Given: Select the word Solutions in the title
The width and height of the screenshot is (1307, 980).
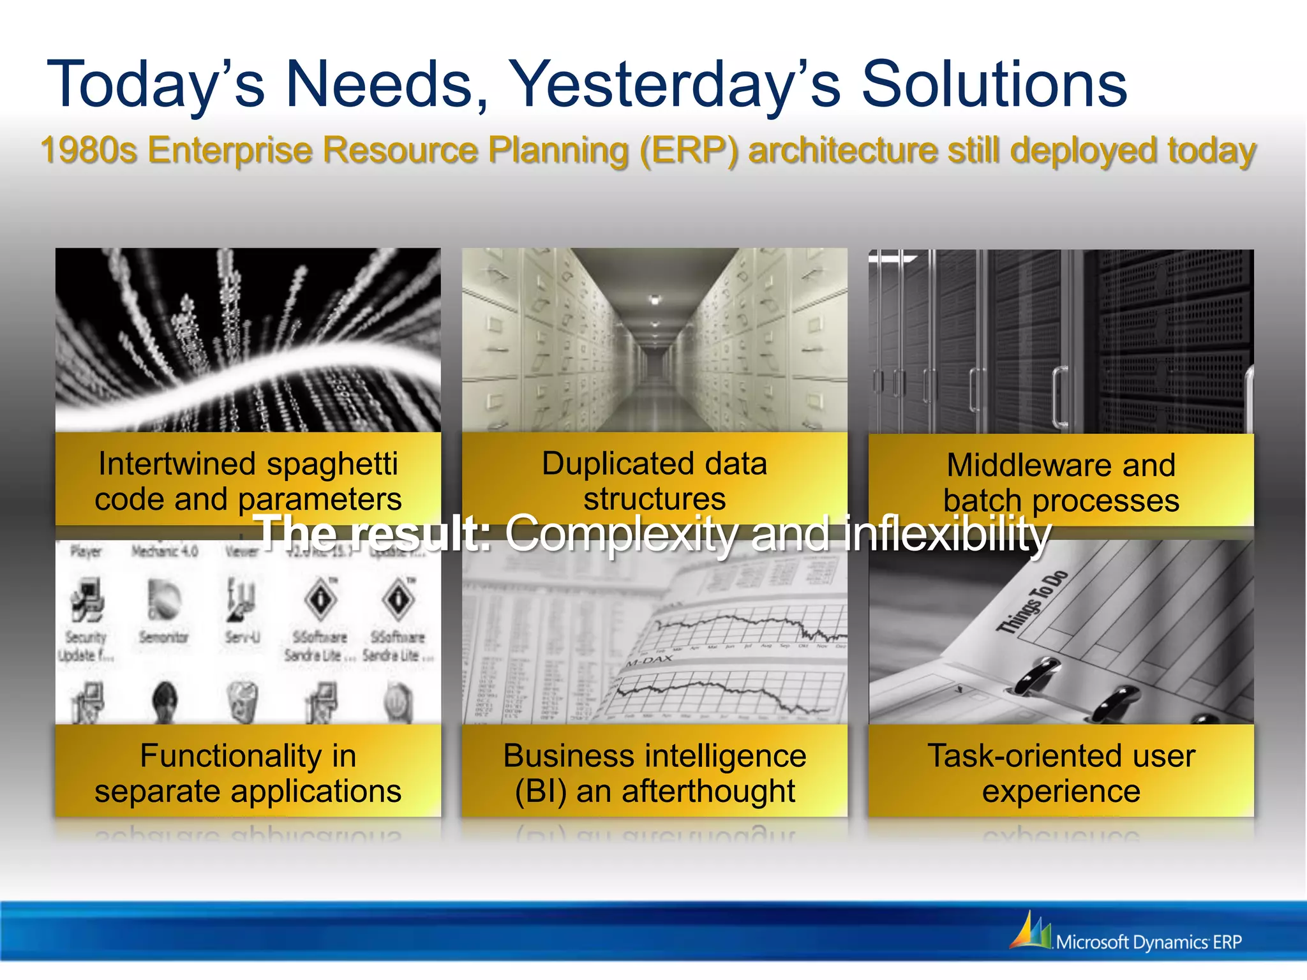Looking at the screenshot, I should [x=994, y=85].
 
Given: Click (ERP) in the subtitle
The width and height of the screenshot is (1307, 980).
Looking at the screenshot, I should [x=689, y=152].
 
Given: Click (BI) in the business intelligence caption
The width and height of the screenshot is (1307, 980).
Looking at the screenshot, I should [x=541, y=792].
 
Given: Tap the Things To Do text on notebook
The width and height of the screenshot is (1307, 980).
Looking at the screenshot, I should [x=1032, y=602].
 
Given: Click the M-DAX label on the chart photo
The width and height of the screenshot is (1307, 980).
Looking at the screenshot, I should [x=649, y=660].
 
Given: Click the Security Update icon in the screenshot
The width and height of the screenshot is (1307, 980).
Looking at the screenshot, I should [x=87, y=603].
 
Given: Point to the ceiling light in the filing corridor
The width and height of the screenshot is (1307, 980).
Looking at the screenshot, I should [x=654, y=299].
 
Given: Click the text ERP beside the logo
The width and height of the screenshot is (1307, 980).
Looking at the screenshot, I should [x=1227, y=942].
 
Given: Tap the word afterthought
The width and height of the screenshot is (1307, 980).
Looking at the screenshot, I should [x=708, y=792].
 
